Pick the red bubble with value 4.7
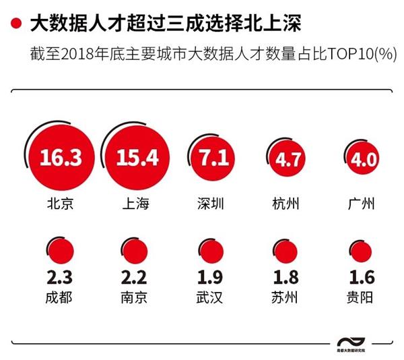tap(288, 160)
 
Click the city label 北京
tap(61, 204)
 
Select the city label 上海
tap(137, 204)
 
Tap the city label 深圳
tap(211, 204)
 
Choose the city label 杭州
tap(288, 204)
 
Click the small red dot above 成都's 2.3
tap(61, 251)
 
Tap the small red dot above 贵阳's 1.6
tap(362, 251)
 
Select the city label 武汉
tap(211, 297)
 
